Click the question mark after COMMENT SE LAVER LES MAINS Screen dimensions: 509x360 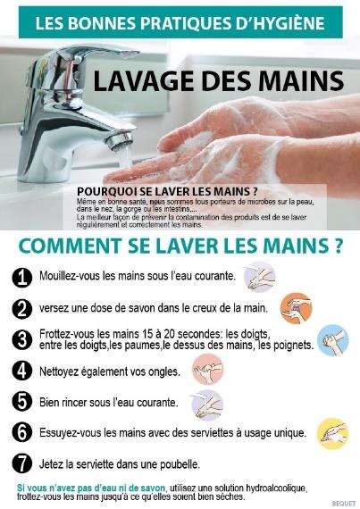click(338, 242)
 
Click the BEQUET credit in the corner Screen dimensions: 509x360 click(345, 504)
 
